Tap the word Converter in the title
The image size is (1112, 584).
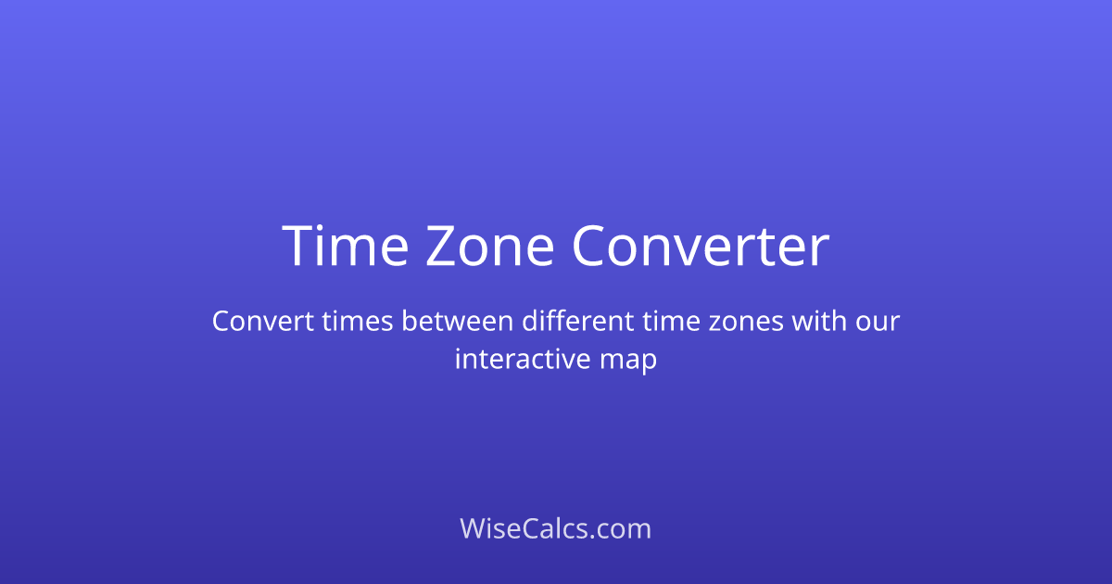pos(700,247)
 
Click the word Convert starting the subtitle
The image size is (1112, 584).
pos(263,322)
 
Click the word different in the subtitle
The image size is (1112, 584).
pos(576,322)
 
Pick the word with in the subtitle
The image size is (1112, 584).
pos(820,322)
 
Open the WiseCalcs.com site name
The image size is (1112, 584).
pos(556,528)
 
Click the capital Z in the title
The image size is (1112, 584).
pos(442,247)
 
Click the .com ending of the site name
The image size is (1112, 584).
pos(622,528)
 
